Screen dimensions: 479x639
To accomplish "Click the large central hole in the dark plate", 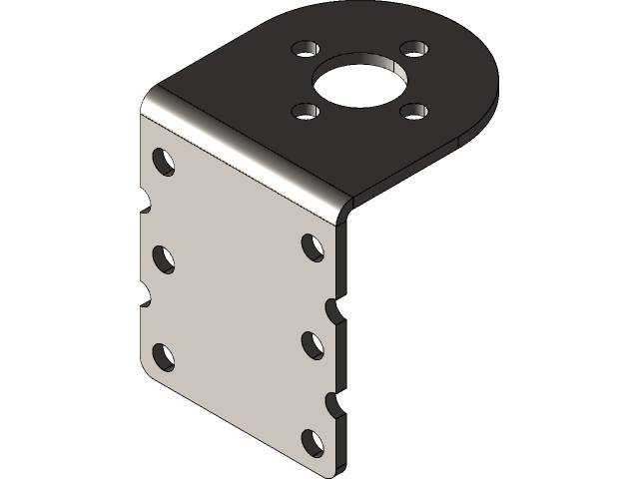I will (x=359, y=79).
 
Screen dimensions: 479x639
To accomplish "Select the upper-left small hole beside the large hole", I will (x=302, y=48).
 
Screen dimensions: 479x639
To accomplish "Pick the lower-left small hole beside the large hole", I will (x=304, y=111).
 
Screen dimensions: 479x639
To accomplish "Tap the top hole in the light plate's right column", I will (x=313, y=245).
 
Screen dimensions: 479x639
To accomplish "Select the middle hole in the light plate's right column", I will (x=313, y=343).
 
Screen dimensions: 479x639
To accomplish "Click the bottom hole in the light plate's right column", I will (x=313, y=440).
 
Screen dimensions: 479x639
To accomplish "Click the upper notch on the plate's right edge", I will (x=336, y=303).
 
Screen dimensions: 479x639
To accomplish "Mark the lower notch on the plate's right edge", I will (x=336, y=401).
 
